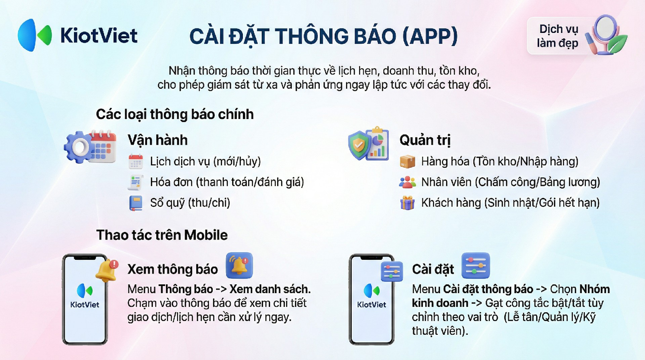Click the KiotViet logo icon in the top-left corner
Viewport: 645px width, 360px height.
click(35, 35)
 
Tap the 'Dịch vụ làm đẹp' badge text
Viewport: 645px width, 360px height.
click(558, 36)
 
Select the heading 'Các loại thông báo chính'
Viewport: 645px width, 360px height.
click(175, 114)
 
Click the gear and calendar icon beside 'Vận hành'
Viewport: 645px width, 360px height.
click(90, 147)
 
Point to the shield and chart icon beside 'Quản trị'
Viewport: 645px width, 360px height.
click(369, 144)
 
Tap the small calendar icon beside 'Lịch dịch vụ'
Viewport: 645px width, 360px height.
click(136, 161)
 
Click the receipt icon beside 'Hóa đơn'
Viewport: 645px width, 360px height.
click(136, 182)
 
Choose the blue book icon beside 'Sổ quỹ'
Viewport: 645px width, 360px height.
click(136, 203)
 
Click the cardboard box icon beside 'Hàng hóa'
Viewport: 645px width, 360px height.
click(407, 161)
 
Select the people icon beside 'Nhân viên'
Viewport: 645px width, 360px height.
click(407, 182)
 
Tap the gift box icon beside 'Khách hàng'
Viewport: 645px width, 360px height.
click(407, 203)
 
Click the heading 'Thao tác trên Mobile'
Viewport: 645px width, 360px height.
click(162, 235)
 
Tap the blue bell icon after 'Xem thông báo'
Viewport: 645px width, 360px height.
click(239, 266)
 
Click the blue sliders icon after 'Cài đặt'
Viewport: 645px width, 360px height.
click(476, 266)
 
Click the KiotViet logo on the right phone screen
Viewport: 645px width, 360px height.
click(372, 296)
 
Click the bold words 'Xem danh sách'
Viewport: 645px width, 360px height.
click(270, 289)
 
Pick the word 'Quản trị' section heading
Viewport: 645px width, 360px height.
click(425, 140)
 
